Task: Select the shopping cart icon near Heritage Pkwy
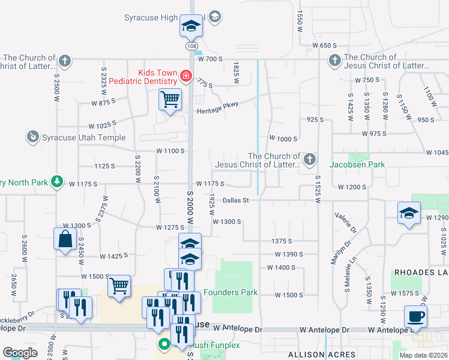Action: (170, 98)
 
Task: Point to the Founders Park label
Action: (231, 293)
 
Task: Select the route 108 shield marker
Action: (191, 46)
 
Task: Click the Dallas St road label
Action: (236, 200)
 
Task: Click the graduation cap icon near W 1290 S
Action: (409, 213)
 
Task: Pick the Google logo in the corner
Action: (20, 353)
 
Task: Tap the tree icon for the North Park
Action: (57, 181)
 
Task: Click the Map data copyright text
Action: (423, 355)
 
